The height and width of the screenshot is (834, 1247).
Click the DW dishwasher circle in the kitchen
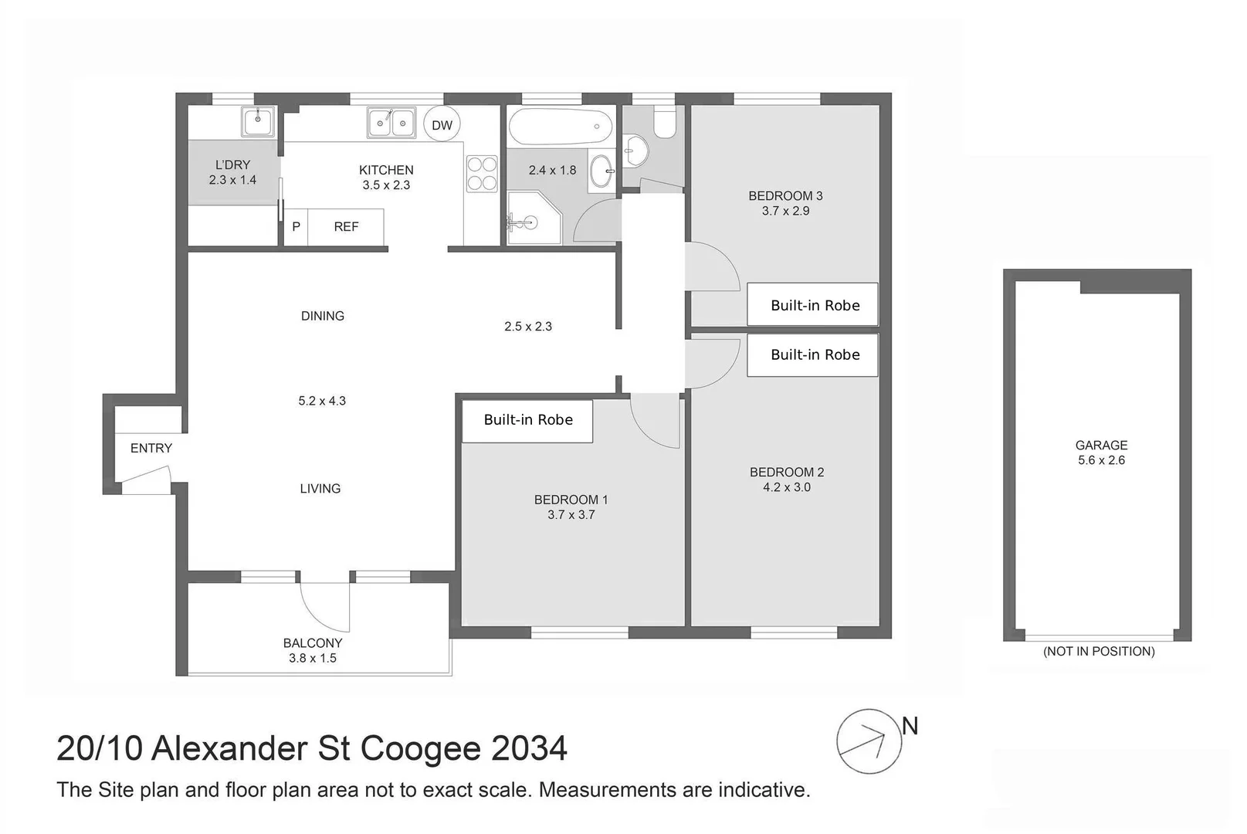[442, 125]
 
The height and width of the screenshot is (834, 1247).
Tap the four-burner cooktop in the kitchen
[482, 174]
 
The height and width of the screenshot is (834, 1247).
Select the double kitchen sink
[391, 122]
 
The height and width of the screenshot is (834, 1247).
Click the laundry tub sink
[257, 120]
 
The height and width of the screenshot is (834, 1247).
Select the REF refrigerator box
[346, 226]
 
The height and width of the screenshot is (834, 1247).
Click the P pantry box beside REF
[296, 227]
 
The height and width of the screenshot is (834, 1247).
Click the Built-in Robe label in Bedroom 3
[815, 305]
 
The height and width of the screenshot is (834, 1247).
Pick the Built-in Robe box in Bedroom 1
[527, 420]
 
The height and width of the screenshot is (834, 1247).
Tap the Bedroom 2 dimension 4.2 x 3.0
[786, 487]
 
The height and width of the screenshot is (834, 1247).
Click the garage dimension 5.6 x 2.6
[1101, 460]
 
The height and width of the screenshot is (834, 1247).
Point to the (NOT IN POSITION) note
[1098, 651]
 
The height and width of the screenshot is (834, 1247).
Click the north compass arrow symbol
[869, 741]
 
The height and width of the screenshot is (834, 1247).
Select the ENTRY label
[151, 448]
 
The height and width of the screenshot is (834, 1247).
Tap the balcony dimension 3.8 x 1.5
[313, 658]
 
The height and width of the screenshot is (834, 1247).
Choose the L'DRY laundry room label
[232, 164]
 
